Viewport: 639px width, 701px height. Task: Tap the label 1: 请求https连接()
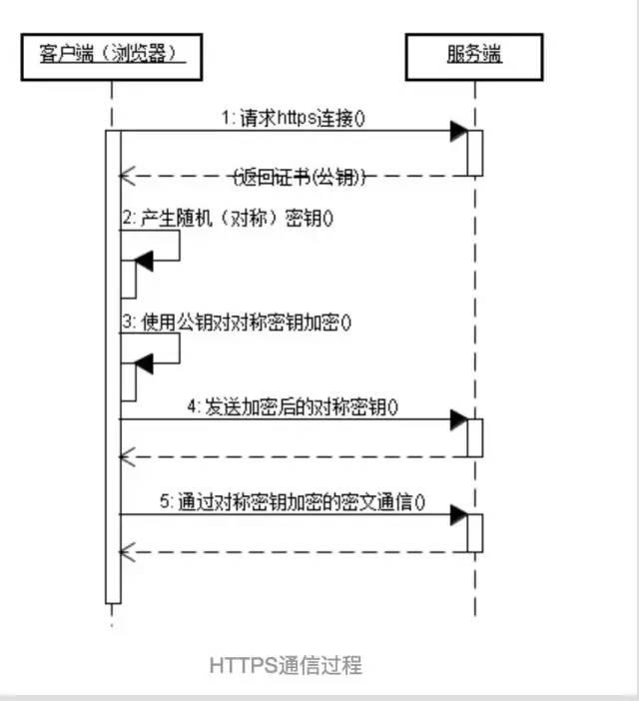pyautogui.click(x=294, y=118)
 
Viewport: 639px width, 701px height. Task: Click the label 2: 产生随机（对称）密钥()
pyautogui.click(x=227, y=217)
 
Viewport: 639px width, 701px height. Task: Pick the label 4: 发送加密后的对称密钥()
pyautogui.click(x=292, y=406)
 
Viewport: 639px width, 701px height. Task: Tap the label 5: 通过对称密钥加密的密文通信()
pyautogui.click(x=292, y=501)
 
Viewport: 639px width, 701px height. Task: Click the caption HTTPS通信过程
pyautogui.click(x=286, y=665)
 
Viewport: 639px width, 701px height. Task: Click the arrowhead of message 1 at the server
pyautogui.click(x=458, y=131)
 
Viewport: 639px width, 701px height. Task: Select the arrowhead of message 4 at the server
pyautogui.click(x=458, y=419)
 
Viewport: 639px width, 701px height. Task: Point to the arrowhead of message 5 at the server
pyautogui.click(x=458, y=514)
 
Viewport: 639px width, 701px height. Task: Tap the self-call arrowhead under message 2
pyautogui.click(x=143, y=261)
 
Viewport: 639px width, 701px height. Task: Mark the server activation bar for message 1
pyautogui.click(x=475, y=153)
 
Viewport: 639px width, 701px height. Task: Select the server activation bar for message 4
pyautogui.click(x=475, y=437)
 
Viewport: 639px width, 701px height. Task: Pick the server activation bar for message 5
pyautogui.click(x=475, y=532)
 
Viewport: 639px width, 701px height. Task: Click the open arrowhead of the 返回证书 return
pyautogui.click(x=126, y=177)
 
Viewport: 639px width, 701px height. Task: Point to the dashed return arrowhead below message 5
pyautogui.click(x=126, y=551)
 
